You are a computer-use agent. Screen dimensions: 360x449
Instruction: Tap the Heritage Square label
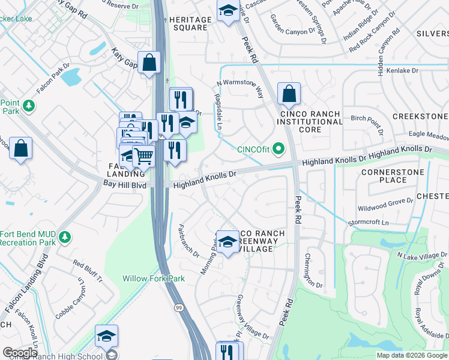tap(191, 24)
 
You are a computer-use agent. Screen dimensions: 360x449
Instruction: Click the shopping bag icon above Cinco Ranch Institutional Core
tap(289, 94)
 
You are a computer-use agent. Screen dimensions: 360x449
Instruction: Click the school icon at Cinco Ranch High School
tap(106, 336)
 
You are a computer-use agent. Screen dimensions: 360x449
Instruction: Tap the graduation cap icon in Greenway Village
tap(228, 242)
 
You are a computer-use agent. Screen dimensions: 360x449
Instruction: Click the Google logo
tap(20, 353)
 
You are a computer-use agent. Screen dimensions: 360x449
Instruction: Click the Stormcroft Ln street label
tap(369, 222)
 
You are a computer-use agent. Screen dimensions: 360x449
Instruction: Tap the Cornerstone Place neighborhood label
tap(393, 176)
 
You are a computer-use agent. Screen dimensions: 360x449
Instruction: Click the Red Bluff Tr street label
tap(88, 271)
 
